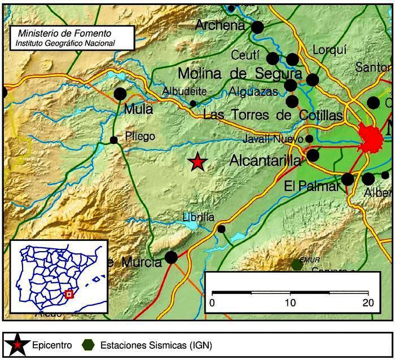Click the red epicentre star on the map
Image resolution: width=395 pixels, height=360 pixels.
click(x=197, y=162)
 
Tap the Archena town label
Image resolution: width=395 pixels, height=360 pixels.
click(x=220, y=25)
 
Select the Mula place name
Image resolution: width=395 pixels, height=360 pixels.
click(x=139, y=109)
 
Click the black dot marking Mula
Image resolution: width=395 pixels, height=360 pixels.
click(x=120, y=94)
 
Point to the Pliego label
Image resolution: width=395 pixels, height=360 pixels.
click(x=139, y=136)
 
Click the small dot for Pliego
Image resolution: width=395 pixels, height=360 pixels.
click(x=114, y=140)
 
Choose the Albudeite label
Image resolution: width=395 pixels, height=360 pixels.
click(x=184, y=91)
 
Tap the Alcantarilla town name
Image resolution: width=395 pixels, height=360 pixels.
click(x=265, y=161)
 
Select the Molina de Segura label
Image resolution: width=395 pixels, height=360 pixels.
click(x=240, y=73)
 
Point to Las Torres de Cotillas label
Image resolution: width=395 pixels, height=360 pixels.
click(x=273, y=116)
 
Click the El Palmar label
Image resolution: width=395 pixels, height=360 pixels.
click(x=311, y=186)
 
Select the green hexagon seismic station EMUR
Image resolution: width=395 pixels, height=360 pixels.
click(x=297, y=264)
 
